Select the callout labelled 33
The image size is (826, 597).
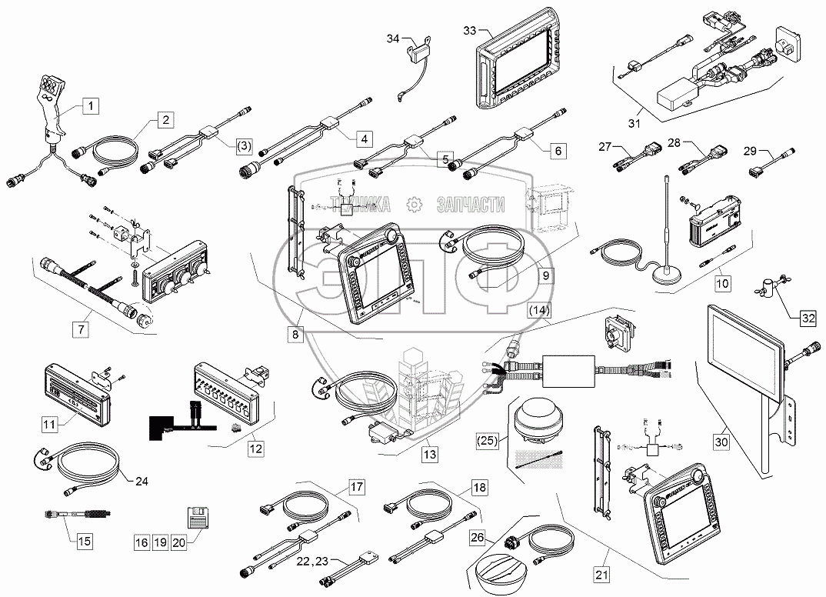click(x=470, y=30)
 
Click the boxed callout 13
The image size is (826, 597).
click(x=430, y=455)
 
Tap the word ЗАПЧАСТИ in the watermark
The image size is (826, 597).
click(x=470, y=205)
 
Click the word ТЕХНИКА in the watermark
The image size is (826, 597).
click(x=360, y=205)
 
